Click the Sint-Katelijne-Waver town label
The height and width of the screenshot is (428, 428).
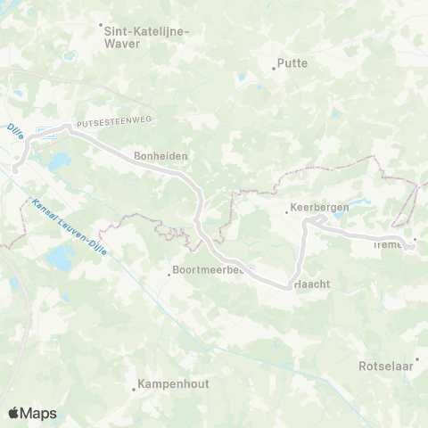[x=147, y=36]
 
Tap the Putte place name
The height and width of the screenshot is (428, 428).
[x=293, y=63]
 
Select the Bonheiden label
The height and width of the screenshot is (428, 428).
[x=160, y=154]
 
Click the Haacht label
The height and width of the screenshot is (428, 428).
[x=313, y=284]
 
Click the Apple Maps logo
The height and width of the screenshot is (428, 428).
[x=32, y=413]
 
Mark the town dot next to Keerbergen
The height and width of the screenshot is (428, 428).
[x=287, y=211]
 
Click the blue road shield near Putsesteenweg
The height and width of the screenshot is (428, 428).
[x=45, y=130]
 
